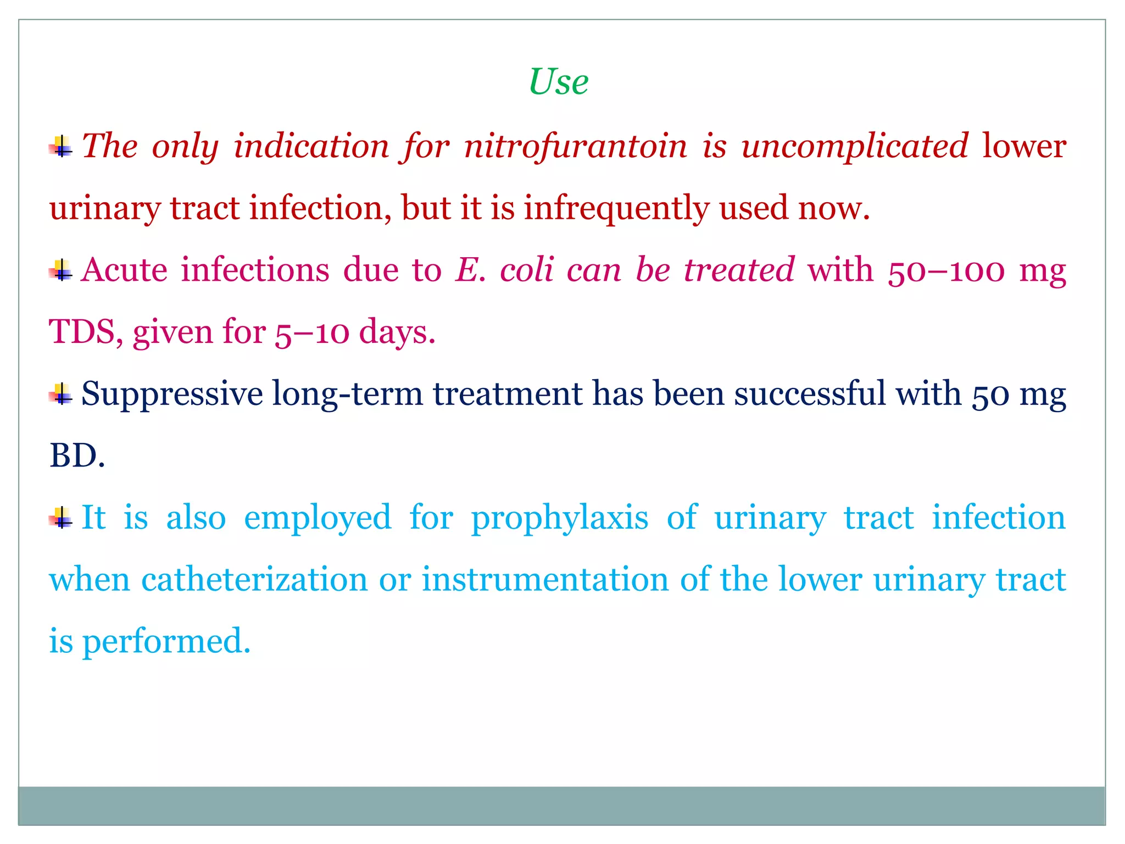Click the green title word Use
[558, 82]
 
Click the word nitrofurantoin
[575, 146]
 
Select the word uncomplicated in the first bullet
[854, 146]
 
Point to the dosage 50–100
[946, 270]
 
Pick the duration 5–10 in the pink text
[311, 333]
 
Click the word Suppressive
[172, 395]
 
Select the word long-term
[347, 395]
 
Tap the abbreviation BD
[76, 456]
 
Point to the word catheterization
[254, 580]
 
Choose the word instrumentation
[545, 580]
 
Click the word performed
[166, 642]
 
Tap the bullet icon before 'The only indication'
[61, 146]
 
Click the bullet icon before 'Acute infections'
[61, 270]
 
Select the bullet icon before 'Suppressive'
[61, 394]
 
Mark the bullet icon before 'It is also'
[61, 518]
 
